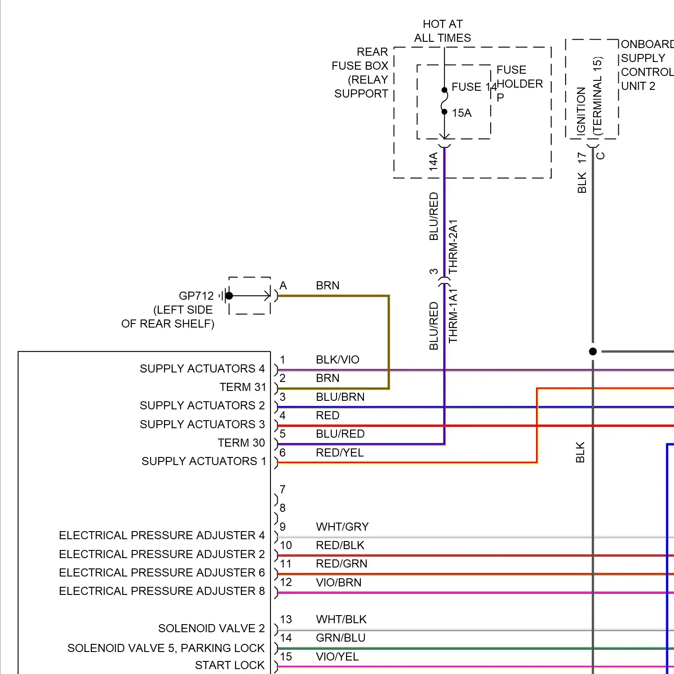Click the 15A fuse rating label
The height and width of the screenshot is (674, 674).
[x=461, y=113]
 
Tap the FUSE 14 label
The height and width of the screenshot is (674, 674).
[x=473, y=87]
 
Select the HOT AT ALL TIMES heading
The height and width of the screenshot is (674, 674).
[x=443, y=31]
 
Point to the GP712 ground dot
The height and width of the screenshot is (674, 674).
[x=229, y=296]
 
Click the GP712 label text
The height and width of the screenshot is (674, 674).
[x=196, y=296]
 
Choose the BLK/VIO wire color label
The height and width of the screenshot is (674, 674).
[x=337, y=360]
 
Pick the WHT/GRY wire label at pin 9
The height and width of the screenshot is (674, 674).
[x=342, y=527]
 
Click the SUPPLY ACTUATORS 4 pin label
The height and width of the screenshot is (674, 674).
[x=202, y=369]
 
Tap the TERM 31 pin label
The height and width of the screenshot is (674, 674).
[x=243, y=387]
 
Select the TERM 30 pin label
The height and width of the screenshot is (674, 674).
[x=241, y=443]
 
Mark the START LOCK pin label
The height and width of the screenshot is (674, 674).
[x=230, y=665]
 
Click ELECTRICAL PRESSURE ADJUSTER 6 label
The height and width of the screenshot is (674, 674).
[x=162, y=573]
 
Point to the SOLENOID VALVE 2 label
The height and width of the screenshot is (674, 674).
[x=211, y=629]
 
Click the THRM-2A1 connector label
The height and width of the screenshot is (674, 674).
[x=453, y=246]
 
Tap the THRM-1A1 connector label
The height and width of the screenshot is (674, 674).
[x=453, y=316]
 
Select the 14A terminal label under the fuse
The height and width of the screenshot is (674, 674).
[x=433, y=161]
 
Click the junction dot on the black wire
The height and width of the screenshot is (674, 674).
[x=593, y=351]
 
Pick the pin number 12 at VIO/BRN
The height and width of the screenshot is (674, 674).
[x=286, y=582]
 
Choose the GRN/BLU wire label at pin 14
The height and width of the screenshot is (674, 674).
[x=341, y=638]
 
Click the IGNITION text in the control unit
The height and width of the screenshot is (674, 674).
[x=581, y=111]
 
